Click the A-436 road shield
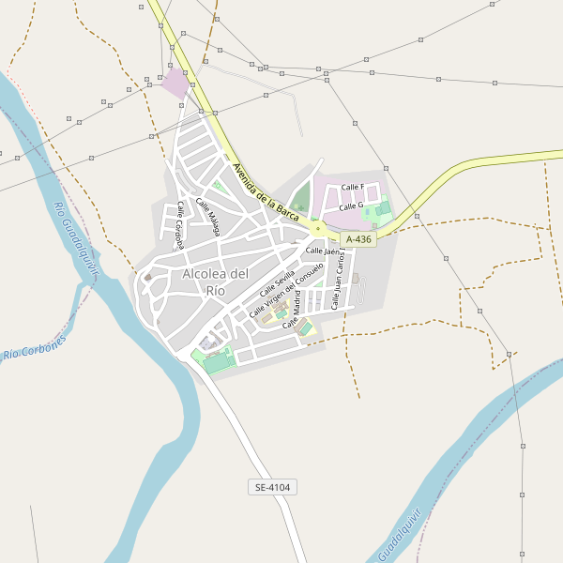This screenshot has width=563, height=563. [x=358, y=239]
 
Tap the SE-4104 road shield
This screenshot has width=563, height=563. [x=273, y=487]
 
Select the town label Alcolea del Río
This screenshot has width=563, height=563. [x=216, y=281]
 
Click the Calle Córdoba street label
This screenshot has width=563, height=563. [x=177, y=226]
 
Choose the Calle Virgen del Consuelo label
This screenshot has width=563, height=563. [x=286, y=289]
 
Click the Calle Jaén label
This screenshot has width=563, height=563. [x=322, y=251]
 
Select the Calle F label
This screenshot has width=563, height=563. [x=352, y=188]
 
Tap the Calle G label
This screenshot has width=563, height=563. [x=350, y=205]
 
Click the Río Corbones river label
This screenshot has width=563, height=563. [x=36, y=348]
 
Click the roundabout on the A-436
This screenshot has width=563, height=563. [x=318, y=228]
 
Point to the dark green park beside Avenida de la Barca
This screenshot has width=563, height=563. [x=301, y=198]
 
